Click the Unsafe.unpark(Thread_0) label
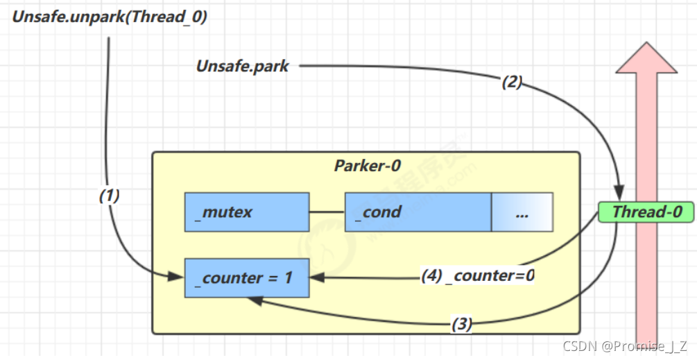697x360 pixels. (110, 16)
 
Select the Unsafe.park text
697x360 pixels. (242, 67)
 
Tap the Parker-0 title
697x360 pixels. (367, 166)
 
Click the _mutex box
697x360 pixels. (246, 212)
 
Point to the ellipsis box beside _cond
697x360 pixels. (522, 212)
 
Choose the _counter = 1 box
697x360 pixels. (246, 278)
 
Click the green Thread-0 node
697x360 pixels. (647, 212)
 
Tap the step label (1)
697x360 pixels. (109, 196)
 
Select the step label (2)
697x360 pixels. (511, 83)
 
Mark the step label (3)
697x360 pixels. (461, 324)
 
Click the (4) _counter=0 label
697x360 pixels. (479, 275)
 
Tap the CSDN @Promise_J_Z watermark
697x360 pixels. (625, 345)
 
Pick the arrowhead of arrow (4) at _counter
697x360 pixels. (314, 277)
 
